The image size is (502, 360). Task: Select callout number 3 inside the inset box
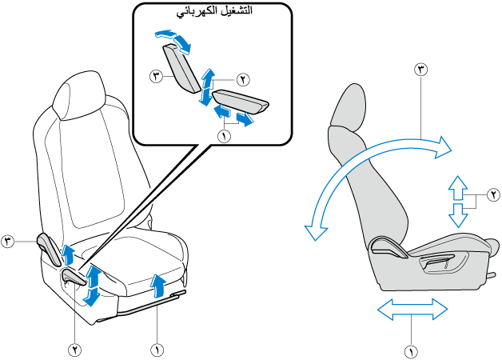pos(157,77)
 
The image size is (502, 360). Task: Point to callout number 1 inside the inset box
pos(225,136)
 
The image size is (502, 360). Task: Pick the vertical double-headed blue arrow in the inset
pos(207,87)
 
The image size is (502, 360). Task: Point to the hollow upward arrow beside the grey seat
pos(456,187)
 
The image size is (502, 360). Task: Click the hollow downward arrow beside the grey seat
pos(456,214)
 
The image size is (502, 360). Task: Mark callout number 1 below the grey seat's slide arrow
pos(412,350)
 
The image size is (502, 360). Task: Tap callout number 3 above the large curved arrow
pos(421,70)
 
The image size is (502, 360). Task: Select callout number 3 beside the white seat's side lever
pos(9,241)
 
